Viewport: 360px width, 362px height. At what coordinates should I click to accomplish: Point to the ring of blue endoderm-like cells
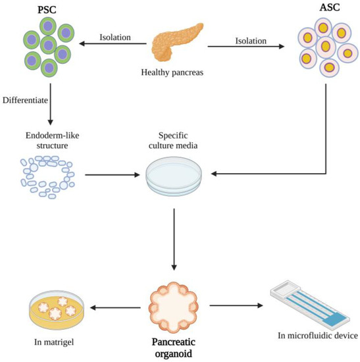(x=45, y=176)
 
